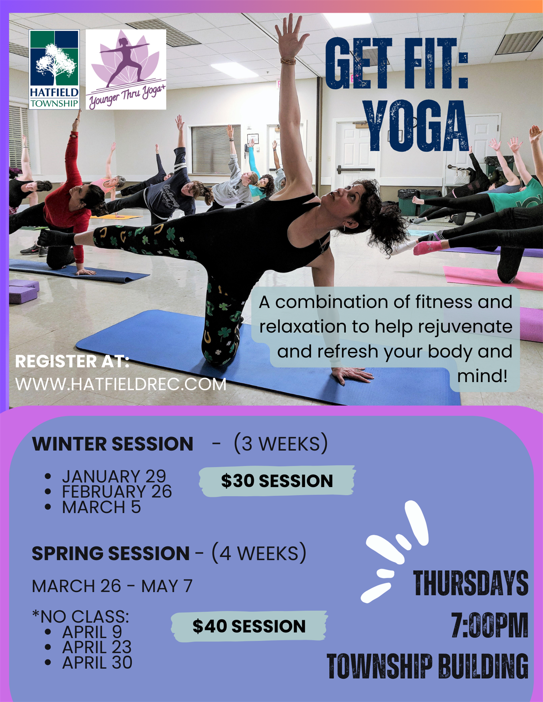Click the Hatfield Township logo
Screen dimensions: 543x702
(54, 69)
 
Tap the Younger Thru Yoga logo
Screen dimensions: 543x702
(126, 69)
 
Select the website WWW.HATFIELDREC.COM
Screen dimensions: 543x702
(121, 384)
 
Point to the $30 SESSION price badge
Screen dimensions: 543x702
(277, 481)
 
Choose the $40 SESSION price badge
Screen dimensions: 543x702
(249, 626)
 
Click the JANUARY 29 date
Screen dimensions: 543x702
(114, 476)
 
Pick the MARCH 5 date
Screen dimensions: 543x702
(101, 507)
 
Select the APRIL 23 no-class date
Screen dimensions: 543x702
(97, 647)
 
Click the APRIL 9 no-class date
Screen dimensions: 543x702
(92, 632)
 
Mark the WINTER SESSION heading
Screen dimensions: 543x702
(113, 444)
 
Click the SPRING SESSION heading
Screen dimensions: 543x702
(111, 553)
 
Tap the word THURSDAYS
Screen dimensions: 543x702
(471, 583)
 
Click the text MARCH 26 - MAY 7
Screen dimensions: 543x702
(112, 586)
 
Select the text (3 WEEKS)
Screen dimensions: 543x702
(281, 444)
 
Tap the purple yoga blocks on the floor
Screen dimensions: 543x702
(23, 291)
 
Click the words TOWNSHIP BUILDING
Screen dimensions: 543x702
(427, 666)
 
